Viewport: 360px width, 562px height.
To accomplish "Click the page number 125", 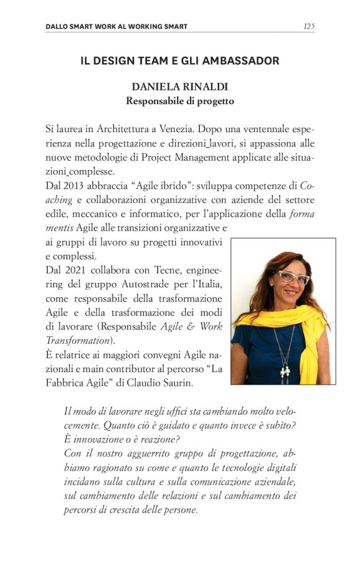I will [x=308, y=26].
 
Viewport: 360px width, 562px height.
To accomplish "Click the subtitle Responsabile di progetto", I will [x=179, y=100].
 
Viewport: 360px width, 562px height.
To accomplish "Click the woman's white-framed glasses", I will [x=292, y=277].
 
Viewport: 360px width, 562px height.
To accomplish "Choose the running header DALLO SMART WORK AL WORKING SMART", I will [x=117, y=26].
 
